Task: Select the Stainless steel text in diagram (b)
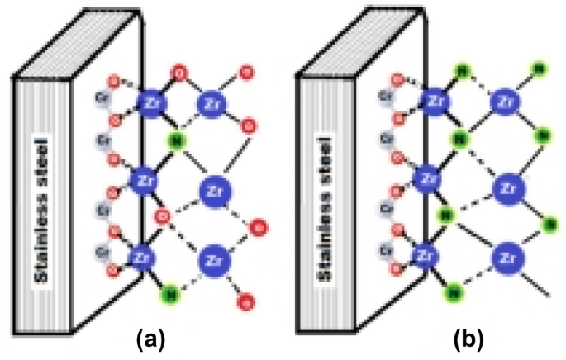point(324,211)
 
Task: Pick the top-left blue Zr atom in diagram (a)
point(150,102)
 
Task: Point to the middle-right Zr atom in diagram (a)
point(211,191)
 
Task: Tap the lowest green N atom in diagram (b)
point(453,291)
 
